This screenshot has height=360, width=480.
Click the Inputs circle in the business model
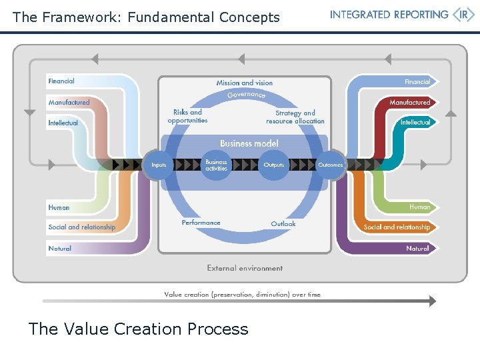point(159,165)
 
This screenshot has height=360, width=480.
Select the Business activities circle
point(216,165)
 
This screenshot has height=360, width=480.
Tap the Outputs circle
point(273,165)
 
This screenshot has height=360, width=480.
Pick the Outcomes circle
point(330,165)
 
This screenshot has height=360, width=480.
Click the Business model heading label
point(249,143)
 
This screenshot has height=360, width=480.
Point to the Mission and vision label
point(245,83)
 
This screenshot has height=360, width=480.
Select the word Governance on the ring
point(247,95)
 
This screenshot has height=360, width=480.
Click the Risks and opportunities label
point(187,117)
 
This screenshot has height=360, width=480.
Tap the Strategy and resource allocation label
point(295,117)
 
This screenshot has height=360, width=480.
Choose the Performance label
point(201,223)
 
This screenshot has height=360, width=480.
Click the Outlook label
point(283,224)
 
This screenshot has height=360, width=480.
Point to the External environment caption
point(245,268)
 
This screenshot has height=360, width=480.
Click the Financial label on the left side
point(61,81)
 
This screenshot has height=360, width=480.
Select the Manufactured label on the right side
point(410,103)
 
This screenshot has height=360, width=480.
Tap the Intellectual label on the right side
point(415,123)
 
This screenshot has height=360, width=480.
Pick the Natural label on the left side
point(60,248)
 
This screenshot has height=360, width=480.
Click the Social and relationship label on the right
point(397,227)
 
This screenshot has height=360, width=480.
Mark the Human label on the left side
point(59,207)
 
